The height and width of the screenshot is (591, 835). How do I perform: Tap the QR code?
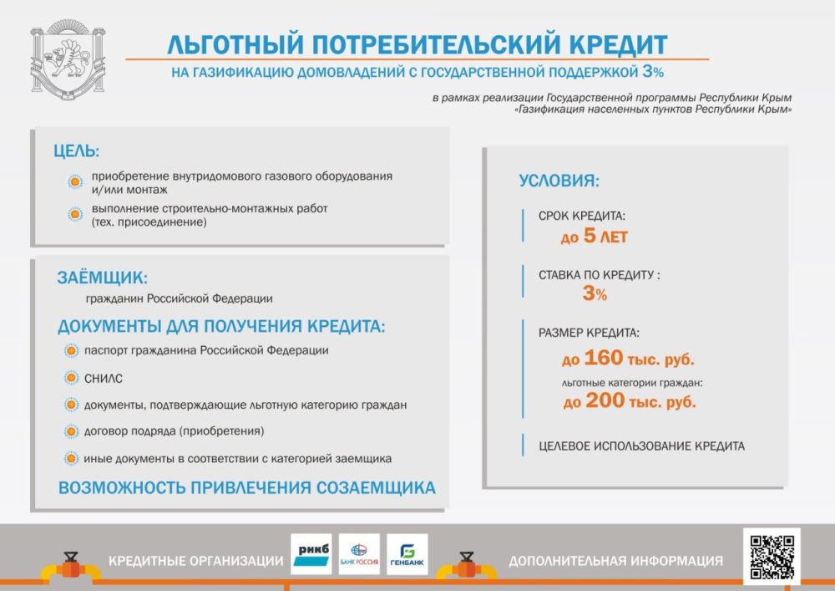[x=771, y=557]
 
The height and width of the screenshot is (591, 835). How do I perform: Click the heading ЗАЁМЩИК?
[x=102, y=278]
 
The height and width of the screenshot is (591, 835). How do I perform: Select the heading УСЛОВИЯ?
[x=559, y=181]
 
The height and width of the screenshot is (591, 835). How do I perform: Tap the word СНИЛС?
[x=104, y=379]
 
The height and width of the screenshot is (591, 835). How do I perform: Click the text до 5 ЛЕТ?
[x=594, y=237]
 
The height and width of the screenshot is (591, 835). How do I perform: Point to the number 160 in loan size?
[x=604, y=359]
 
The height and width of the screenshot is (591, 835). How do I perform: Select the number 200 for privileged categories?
[x=605, y=401]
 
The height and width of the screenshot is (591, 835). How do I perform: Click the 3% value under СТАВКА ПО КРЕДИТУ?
[x=595, y=294]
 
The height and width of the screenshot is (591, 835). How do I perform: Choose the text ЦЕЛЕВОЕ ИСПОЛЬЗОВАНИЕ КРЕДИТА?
[x=641, y=446]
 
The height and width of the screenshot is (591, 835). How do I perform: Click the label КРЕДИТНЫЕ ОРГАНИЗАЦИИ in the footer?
[x=195, y=560]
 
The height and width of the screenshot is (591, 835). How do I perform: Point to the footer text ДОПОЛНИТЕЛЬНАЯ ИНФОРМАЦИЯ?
[x=615, y=560]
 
